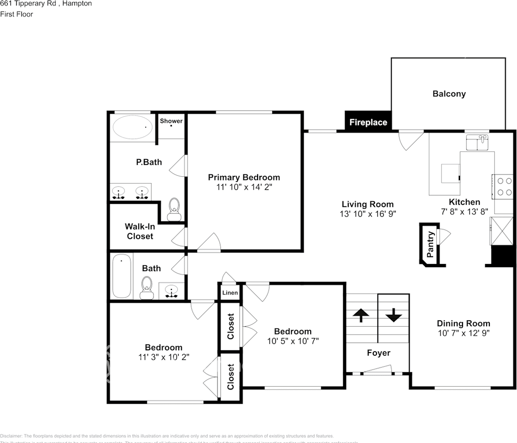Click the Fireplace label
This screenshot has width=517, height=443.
coord(368,122)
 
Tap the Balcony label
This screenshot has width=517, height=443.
coord(449,94)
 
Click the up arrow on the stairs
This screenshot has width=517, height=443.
coord(361,315)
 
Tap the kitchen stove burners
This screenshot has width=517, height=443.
coord(503,186)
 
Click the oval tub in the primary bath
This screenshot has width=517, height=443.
coord(133,127)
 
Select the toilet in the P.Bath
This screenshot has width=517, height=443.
coord(174,210)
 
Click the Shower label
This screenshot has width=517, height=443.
coord(171,121)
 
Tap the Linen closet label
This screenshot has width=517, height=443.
coord(230,293)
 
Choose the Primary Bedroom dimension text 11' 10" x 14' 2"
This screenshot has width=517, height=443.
coord(244,187)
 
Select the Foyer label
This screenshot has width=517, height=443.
coord(378,353)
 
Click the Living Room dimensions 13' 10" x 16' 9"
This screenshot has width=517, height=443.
coord(367,214)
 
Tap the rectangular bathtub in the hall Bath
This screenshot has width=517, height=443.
coord(122,276)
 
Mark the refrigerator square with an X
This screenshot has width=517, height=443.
coord(502,231)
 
